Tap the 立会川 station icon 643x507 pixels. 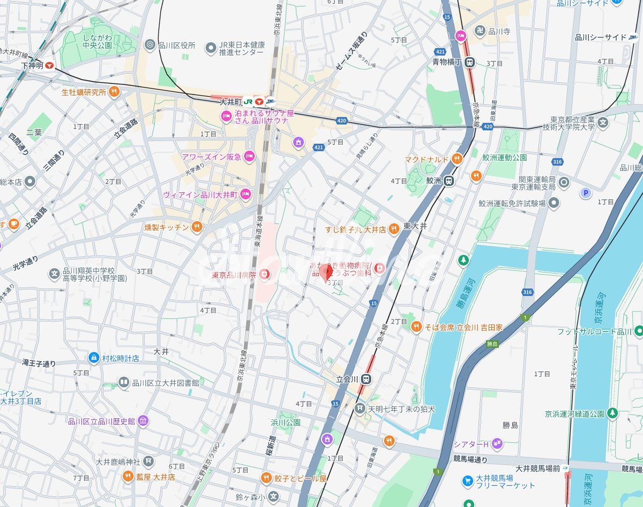pos(365,379)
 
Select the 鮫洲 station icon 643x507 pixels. pos(450,181)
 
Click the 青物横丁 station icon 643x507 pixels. pos(469,62)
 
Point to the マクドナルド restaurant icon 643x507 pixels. pos(457,159)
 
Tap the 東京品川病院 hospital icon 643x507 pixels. pos(264,275)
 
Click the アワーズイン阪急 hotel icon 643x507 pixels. pos(249,157)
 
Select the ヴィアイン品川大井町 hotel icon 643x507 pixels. pos(246,194)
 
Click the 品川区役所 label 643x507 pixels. pos(177,45)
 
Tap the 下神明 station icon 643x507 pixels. pos(50,65)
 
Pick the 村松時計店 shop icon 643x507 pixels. pos(94,357)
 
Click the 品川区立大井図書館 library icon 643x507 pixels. pos(124,382)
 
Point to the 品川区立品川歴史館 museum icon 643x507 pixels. pos(143,421)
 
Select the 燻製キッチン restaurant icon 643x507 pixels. pos(197,227)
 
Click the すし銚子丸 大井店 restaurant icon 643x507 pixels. pos(394,229)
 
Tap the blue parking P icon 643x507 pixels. pos(586,193)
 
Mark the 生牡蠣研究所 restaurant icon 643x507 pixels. pos(114,92)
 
